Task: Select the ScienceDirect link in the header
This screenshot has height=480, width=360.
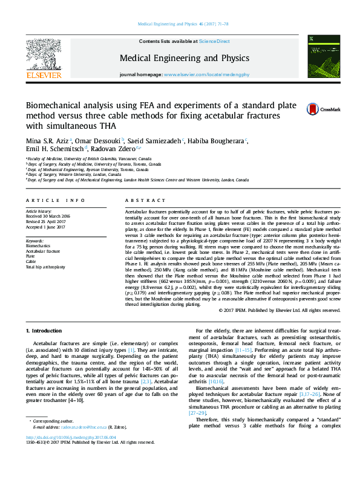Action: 214,41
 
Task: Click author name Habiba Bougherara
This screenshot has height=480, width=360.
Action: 220,141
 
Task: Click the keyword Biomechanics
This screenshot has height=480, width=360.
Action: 38,246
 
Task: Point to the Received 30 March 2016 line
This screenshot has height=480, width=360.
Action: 48,216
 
